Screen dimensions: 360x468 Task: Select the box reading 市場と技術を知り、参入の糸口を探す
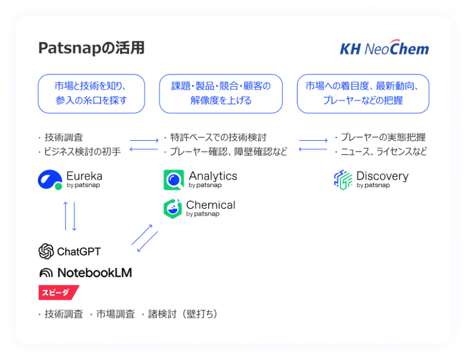click(91, 93)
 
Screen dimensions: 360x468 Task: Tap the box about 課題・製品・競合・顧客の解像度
click(221, 93)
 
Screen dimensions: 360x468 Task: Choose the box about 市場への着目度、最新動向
click(363, 93)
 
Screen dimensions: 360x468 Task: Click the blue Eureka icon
click(50, 180)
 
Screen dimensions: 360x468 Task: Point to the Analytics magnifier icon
click(173, 180)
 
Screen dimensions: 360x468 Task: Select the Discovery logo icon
click(343, 179)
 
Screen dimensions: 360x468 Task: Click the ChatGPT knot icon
click(46, 252)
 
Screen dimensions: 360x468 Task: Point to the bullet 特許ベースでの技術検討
click(218, 137)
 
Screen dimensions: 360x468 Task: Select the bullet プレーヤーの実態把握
click(382, 137)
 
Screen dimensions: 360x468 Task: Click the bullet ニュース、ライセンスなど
click(383, 151)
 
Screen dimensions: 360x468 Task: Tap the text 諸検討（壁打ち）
click(182, 314)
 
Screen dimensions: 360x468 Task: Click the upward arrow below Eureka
click(66, 216)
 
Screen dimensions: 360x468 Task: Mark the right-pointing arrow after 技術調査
click(144, 140)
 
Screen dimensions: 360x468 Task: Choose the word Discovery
click(382, 176)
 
